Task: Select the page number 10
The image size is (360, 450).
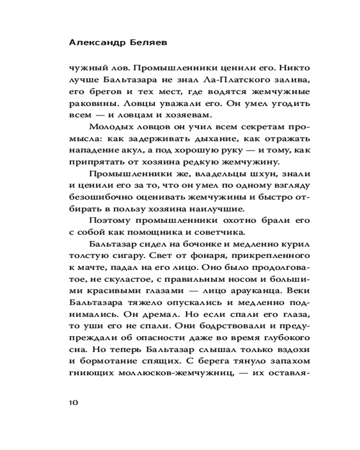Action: point(74,402)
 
